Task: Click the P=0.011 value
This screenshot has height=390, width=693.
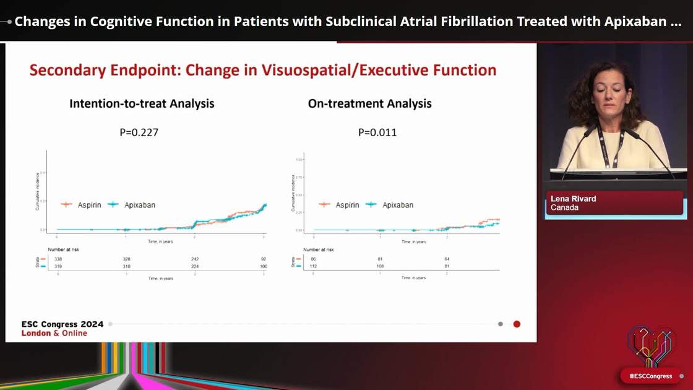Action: (377, 132)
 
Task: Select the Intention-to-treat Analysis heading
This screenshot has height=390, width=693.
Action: (142, 103)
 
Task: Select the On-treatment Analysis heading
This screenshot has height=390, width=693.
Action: (369, 103)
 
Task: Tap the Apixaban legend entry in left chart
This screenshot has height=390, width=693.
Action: (131, 204)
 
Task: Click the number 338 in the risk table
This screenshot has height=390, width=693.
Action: (58, 259)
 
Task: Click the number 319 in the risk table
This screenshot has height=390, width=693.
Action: (58, 266)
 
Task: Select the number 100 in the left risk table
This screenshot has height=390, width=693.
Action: (264, 266)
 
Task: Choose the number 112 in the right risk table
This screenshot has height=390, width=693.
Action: (314, 266)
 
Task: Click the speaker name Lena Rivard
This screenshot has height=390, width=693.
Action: (573, 199)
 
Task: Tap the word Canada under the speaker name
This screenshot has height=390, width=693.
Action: (564, 208)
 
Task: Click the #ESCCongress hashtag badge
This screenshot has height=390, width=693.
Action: (650, 376)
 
